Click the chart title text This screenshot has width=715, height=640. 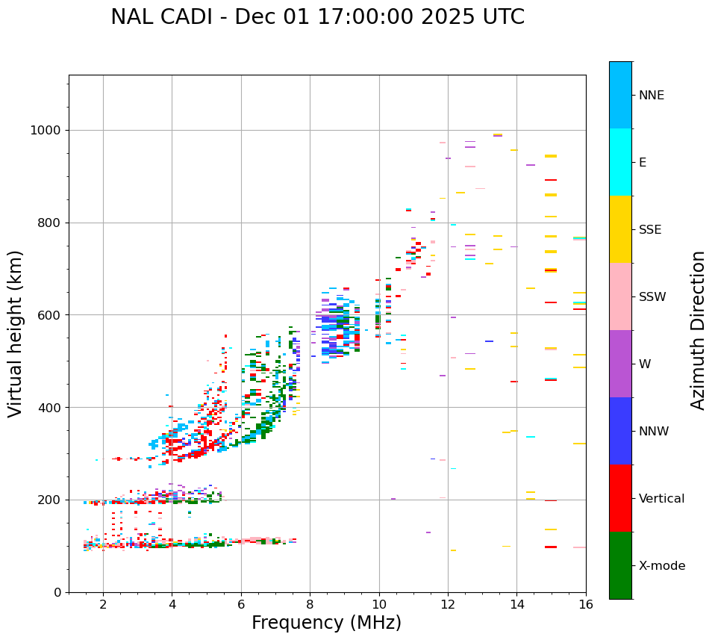pyautogui.click(x=317, y=17)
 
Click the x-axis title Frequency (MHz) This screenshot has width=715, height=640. pyautogui.click(x=326, y=623)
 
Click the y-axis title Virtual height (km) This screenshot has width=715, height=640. pyautogui.click(x=16, y=333)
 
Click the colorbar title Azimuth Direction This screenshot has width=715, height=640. pyautogui.click(x=698, y=329)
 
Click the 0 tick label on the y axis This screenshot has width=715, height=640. pyautogui.click(x=58, y=592)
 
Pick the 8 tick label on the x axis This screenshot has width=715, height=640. pyautogui.click(x=310, y=604)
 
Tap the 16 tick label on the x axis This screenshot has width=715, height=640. pyautogui.click(x=586, y=604)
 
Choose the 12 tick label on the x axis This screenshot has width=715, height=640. pyautogui.click(x=448, y=604)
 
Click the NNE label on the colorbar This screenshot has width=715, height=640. pyautogui.click(x=651, y=96)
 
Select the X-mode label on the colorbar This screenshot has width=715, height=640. pyautogui.click(x=661, y=566)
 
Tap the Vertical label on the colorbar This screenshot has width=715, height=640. pyautogui.click(x=661, y=499)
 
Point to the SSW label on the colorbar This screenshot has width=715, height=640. pyautogui.click(x=652, y=297)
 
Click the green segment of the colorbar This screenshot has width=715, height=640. pyautogui.click(x=620, y=565)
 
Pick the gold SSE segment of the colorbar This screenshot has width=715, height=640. pyautogui.click(x=620, y=229)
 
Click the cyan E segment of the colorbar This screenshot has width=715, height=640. pyautogui.click(x=620, y=162)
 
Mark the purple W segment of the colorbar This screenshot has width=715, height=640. pyautogui.click(x=620, y=364)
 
